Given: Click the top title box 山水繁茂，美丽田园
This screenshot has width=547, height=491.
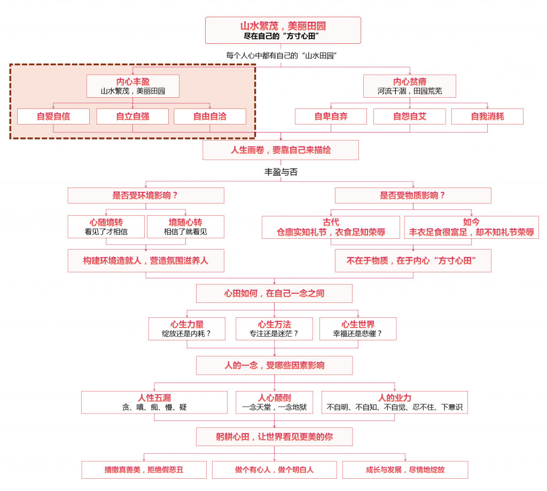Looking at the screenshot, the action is point(283,30).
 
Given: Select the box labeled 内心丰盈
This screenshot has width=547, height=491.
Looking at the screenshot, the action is point(133,86).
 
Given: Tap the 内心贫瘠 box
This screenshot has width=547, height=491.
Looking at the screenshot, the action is point(410,86).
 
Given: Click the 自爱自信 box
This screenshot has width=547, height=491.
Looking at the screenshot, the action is point(53,116).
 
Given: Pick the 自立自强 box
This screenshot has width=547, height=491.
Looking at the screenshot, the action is point(132,116).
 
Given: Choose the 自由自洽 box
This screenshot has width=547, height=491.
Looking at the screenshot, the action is point(209,116).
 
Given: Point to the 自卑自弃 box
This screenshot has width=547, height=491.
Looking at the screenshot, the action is point(331,116).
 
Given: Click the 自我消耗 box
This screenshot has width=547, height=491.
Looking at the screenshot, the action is point(487,116).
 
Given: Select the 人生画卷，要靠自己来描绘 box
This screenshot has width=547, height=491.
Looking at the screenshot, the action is point(281,150).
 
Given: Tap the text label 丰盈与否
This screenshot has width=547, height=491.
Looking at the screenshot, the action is point(281,172).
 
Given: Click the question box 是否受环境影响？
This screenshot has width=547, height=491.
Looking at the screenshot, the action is point(146,196).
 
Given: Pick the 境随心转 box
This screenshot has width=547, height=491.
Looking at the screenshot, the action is point(185,227).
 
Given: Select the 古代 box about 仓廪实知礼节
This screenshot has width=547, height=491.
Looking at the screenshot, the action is point(331,227).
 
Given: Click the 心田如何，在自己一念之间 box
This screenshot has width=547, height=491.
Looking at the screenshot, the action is point(274,293).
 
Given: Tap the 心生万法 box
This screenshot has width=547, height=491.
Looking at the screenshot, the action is point(274,329).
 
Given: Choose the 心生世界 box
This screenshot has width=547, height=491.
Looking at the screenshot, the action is point(358,329).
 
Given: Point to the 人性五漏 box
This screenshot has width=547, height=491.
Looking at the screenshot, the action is point(154,402).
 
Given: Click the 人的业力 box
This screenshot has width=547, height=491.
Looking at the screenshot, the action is point(395,402).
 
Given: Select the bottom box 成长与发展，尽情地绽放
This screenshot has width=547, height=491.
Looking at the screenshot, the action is point(405,470).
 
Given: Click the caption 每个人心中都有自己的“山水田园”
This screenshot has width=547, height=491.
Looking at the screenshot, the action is point(281,56).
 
